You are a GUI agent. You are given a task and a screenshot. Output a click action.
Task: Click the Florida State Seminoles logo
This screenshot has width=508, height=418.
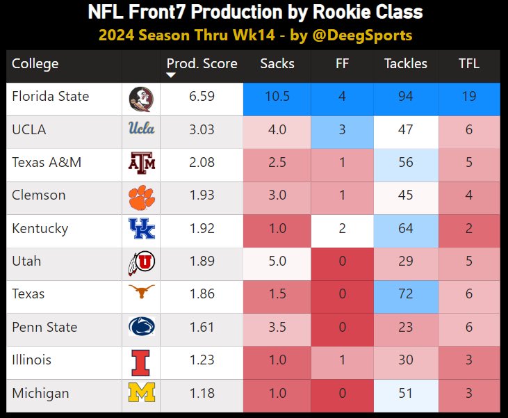pos(141,98)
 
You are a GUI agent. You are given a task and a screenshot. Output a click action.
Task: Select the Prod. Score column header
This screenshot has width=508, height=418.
pos(202,64)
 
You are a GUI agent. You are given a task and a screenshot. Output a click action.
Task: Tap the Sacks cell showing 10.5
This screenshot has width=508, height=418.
pos(277,97)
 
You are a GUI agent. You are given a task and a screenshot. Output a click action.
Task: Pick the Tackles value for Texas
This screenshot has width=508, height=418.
pos(406,294)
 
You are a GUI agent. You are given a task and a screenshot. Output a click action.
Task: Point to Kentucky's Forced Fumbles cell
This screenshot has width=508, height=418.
pos(341,228)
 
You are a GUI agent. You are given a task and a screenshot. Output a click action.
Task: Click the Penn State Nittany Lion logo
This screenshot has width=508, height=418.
pos(141,327)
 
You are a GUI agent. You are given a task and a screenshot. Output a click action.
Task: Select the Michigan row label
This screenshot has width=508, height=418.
pos(40,394)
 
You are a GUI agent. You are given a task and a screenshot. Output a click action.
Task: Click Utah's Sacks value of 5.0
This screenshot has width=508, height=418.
pos(277,262)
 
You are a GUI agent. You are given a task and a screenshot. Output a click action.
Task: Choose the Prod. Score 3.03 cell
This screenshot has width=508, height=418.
pos(202,130)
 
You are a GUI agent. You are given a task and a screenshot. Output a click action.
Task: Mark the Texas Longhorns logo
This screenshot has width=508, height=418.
pos(141,294)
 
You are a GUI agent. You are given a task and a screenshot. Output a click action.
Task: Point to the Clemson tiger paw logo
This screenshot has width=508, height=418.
pos(141,196)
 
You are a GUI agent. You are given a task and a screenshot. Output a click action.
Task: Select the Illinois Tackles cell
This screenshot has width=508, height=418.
pos(406,360)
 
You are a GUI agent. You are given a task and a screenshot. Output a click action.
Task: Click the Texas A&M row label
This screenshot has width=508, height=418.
pos(47,163)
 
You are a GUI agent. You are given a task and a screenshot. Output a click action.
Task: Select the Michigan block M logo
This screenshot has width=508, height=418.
pos(141,394)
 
